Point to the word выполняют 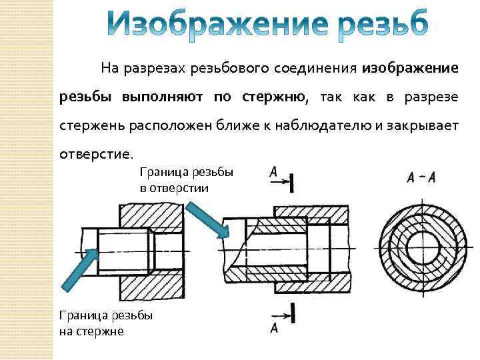point(165,97)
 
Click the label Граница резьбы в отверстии point(186,180)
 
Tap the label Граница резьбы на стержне point(105,323)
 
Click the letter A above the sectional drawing point(273,173)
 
